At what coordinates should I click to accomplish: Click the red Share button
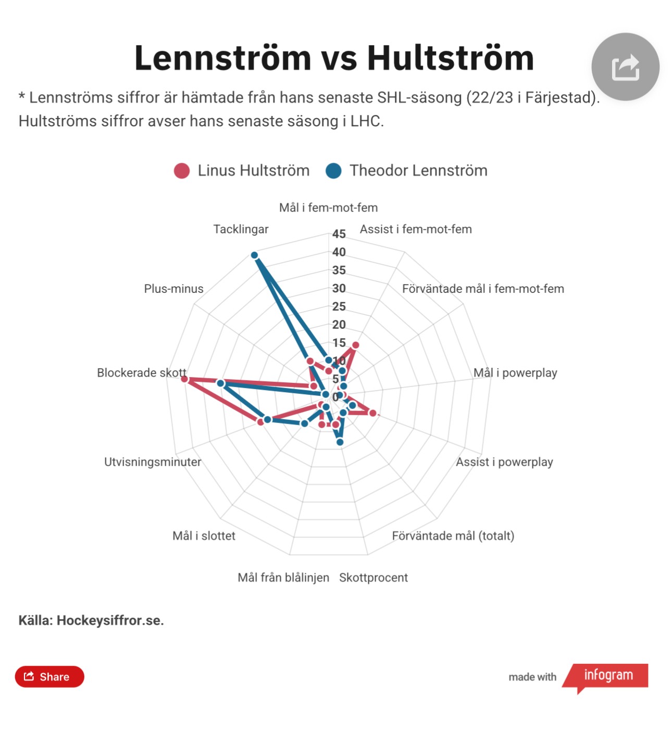pyautogui.click(x=49, y=676)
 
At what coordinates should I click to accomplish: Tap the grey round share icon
pyautogui.click(x=625, y=67)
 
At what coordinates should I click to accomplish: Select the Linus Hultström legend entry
pyautogui.click(x=242, y=171)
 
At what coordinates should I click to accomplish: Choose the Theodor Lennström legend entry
pyautogui.click(x=407, y=171)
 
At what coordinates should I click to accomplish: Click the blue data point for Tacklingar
pyautogui.click(x=254, y=255)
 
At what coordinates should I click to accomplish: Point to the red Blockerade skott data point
pyautogui.click(x=184, y=379)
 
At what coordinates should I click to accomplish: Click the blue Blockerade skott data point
pyautogui.click(x=220, y=383)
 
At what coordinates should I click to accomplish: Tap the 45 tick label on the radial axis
pyautogui.click(x=339, y=234)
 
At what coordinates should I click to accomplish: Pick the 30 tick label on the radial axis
pyautogui.click(x=339, y=288)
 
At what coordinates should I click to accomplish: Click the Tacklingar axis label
pyautogui.click(x=241, y=229)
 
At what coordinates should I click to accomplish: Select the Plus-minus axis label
pyautogui.click(x=173, y=289)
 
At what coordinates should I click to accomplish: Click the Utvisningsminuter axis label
pyautogui.click(x=152, y=462)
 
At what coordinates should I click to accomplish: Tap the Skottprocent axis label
pyautogui.click(x=373, y=577)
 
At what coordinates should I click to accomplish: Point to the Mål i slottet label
pyautogui.click(x=204, y=536)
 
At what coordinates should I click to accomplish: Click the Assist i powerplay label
pyautogui.click(x=504, y=462)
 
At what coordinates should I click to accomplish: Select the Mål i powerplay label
pyautogui.click(x=515, y=373)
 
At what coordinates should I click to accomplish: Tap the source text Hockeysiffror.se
pyautogui.click(x=110, y=620)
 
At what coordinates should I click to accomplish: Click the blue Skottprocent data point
pyautogui.click(x=340, y=442)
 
